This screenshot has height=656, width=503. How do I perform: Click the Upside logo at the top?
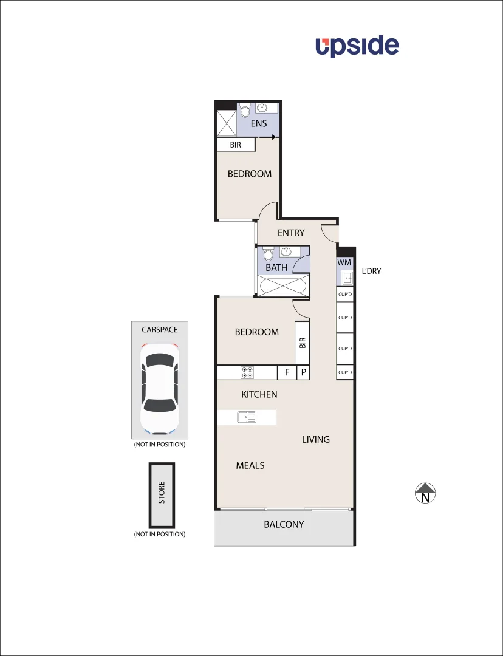pyautogui.click(x=357, y=46)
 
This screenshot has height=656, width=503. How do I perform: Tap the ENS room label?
pyautogui.click(x=259, y=123)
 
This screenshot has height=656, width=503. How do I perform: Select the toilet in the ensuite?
pyautogui.click(x=244, y=111)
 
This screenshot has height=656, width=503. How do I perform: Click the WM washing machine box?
pyautogui.click(x=344, y=262)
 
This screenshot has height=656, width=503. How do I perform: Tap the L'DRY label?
pyautogui.click(x=371, y=271)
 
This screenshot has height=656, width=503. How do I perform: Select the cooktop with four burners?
pyautogui.click(x=248, y=372)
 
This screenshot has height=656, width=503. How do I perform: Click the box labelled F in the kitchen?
pyautogui.click(x=287, y=372)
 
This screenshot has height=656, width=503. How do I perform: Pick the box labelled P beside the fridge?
pyautogui.click(x=303, y=372)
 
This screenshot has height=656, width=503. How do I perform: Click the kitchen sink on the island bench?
pyautogui.click(x=247, y=417)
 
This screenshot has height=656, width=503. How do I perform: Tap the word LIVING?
pyautogui.click(x=316, y=439)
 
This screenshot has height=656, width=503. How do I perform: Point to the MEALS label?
pyautogui.click(x=250, y=465)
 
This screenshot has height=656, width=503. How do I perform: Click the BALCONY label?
pyautogui.click(x=284, y=524)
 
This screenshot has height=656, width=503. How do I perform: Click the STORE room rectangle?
pyautogui.click(x=162, y=495)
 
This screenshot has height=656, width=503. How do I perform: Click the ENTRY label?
pyautogui.click(x=291, y=233)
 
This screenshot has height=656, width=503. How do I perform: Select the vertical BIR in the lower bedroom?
pyautogui.click(x=302, y=343)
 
